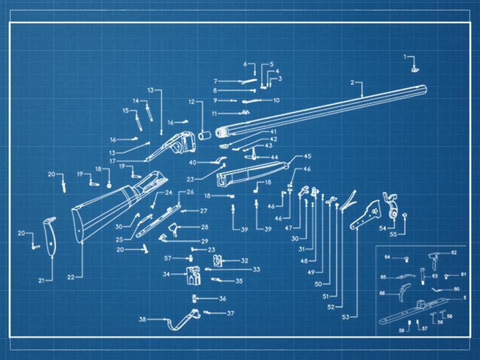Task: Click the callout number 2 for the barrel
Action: point(352,82)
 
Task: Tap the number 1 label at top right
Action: point(406,57)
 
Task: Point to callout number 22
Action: point(70,277)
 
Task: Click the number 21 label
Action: point(41,280)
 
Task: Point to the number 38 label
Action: point(143,320)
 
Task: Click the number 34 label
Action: point(166,274)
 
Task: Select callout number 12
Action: point(191,102)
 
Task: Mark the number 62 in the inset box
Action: point(454,252)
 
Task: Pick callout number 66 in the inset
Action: point(382,293)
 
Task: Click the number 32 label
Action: point(244,260)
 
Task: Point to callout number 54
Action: point(382,228)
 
